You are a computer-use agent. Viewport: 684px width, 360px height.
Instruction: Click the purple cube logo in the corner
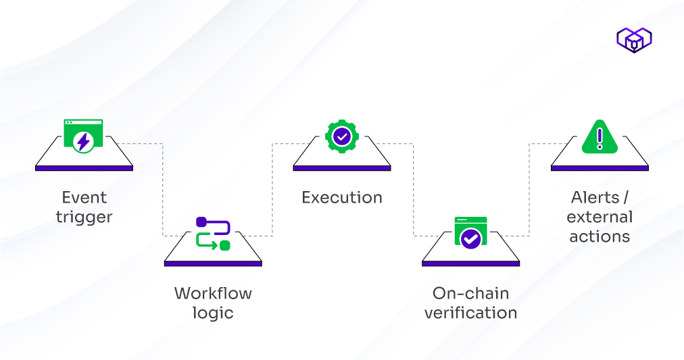point(633,40)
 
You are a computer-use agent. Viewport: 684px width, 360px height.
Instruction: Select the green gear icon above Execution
point(342,136)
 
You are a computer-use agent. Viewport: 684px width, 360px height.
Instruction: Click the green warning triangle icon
point(600,136)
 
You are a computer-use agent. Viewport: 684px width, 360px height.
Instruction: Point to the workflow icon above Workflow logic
point(213,234)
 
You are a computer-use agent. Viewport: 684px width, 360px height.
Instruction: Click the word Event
point(84,197)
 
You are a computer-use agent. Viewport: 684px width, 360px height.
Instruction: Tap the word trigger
point(84,217)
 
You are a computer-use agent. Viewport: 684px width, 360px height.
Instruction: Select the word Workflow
point(213,293)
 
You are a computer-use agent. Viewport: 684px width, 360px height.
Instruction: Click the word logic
point(213,313)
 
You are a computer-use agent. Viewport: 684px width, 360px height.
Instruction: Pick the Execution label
point(342,197)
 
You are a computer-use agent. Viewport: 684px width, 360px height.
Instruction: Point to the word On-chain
point(471,293)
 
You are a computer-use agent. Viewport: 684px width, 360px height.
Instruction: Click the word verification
point(471,313)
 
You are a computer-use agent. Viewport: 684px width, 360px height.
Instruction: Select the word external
point(600,217)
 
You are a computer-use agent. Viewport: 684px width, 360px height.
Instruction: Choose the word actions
point(600,236)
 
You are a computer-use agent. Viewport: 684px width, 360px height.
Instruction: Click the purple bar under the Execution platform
point(342,168)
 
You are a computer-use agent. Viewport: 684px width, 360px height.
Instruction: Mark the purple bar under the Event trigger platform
point(84,168)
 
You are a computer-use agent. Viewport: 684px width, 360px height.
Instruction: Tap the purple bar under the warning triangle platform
point(600,168)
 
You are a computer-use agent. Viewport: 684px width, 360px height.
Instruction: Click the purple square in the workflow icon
point(201,222)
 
